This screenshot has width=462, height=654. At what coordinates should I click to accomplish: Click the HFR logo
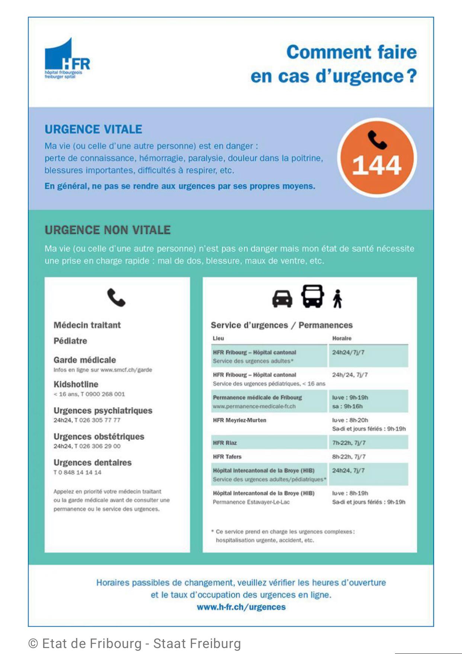click(x=67, y=59)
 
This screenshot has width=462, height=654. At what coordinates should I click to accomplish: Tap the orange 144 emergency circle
click(x=377, y=158)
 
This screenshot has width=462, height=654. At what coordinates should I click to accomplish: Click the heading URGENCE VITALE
click(x=93, y=129)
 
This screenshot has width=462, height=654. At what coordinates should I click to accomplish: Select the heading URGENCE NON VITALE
click(x=108, y=230)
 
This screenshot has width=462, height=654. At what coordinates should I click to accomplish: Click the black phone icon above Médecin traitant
click(x=116, y=298)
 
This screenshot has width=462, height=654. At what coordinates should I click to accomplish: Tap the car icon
click(x=282, y=298)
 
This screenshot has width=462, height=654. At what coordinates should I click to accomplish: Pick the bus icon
click(x=312, y=296)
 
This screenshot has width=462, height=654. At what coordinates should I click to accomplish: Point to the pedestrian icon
click(x=337, y=299)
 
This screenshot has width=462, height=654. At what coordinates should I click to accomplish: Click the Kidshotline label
click(x=76, y=384)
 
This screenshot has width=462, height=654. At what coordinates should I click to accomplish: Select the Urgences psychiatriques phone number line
click(x=87, y=420)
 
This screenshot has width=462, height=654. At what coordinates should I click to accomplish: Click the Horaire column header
click(x=341, y=338)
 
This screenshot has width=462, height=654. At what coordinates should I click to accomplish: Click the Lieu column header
click(x=218, y=338)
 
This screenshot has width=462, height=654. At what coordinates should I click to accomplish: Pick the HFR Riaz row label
click(x=225, y=443)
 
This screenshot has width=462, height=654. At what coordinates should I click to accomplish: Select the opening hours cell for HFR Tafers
click(x=349, y=457)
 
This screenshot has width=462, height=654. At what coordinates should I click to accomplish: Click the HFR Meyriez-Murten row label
click(x=240, y=420)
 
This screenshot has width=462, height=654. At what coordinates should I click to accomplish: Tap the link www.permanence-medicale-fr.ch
click(x=254, y=407)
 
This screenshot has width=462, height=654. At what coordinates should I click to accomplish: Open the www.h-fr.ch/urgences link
click(x=241, y=607)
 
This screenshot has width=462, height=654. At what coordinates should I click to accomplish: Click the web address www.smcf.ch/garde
click(x=126, y=370)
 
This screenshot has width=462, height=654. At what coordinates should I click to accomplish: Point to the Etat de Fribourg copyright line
click(x=135, y=644)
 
